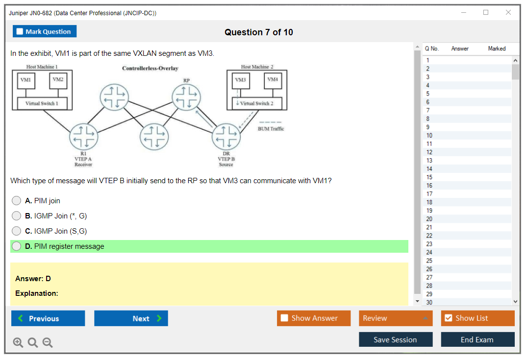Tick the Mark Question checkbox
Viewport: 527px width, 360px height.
tap(20, 32)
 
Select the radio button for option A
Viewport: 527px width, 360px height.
tap(17, 201)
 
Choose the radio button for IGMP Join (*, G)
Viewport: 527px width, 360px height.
tap(17, 216)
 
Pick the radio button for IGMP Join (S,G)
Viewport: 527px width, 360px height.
tap(17, 231)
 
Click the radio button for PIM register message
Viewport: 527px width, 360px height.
tap(17, 246)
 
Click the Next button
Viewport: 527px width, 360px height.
tap(131, 318)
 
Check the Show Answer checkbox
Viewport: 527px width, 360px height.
tap(285, 318)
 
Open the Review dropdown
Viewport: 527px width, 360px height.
tap(396, 318)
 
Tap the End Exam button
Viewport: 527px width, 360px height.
tap(477, 339)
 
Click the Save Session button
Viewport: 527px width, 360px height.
tap(396, 339)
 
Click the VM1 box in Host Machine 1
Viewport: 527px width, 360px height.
tap(25, 80)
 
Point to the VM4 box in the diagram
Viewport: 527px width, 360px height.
tap(273, 80)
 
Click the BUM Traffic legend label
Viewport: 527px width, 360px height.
tap(271, 129)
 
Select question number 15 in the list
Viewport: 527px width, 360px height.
tap(429, 177)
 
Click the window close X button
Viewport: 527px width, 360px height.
tap(508, 13)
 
